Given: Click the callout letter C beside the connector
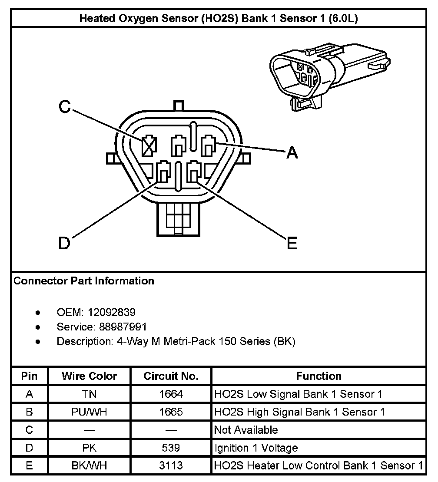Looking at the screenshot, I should [64, 107].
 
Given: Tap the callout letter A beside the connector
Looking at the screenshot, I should [292, 152].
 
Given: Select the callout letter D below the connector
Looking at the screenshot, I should [64, 244].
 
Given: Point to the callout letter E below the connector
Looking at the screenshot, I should [292, 244].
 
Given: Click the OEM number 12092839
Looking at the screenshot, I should [112, 312].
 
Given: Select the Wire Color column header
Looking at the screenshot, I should [89, 376].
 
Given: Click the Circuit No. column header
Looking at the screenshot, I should [171, 376].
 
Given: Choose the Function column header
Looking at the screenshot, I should [319, 376].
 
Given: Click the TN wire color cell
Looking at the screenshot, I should [89, 394].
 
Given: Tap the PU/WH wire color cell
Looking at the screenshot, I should [89, 412].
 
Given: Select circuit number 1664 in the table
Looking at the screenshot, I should [171, 394].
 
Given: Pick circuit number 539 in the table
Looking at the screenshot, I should [171, 448].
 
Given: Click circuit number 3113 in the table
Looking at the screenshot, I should [171, 465].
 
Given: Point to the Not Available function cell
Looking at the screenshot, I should [246, 430].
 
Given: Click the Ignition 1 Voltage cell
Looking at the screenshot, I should [256, 448].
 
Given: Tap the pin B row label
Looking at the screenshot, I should [29, 412].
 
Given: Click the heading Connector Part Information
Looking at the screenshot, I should [84, 281].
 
